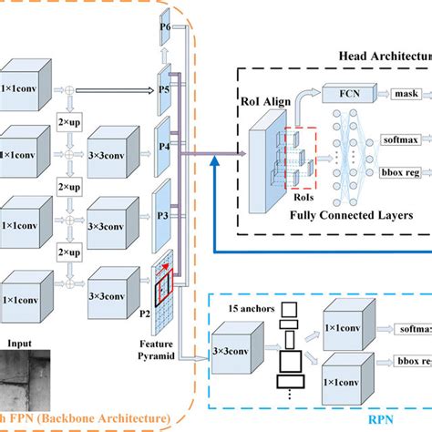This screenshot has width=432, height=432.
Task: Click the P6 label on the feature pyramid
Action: (x=164, y=26)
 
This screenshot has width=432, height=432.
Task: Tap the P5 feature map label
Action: (x=164, y=90)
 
